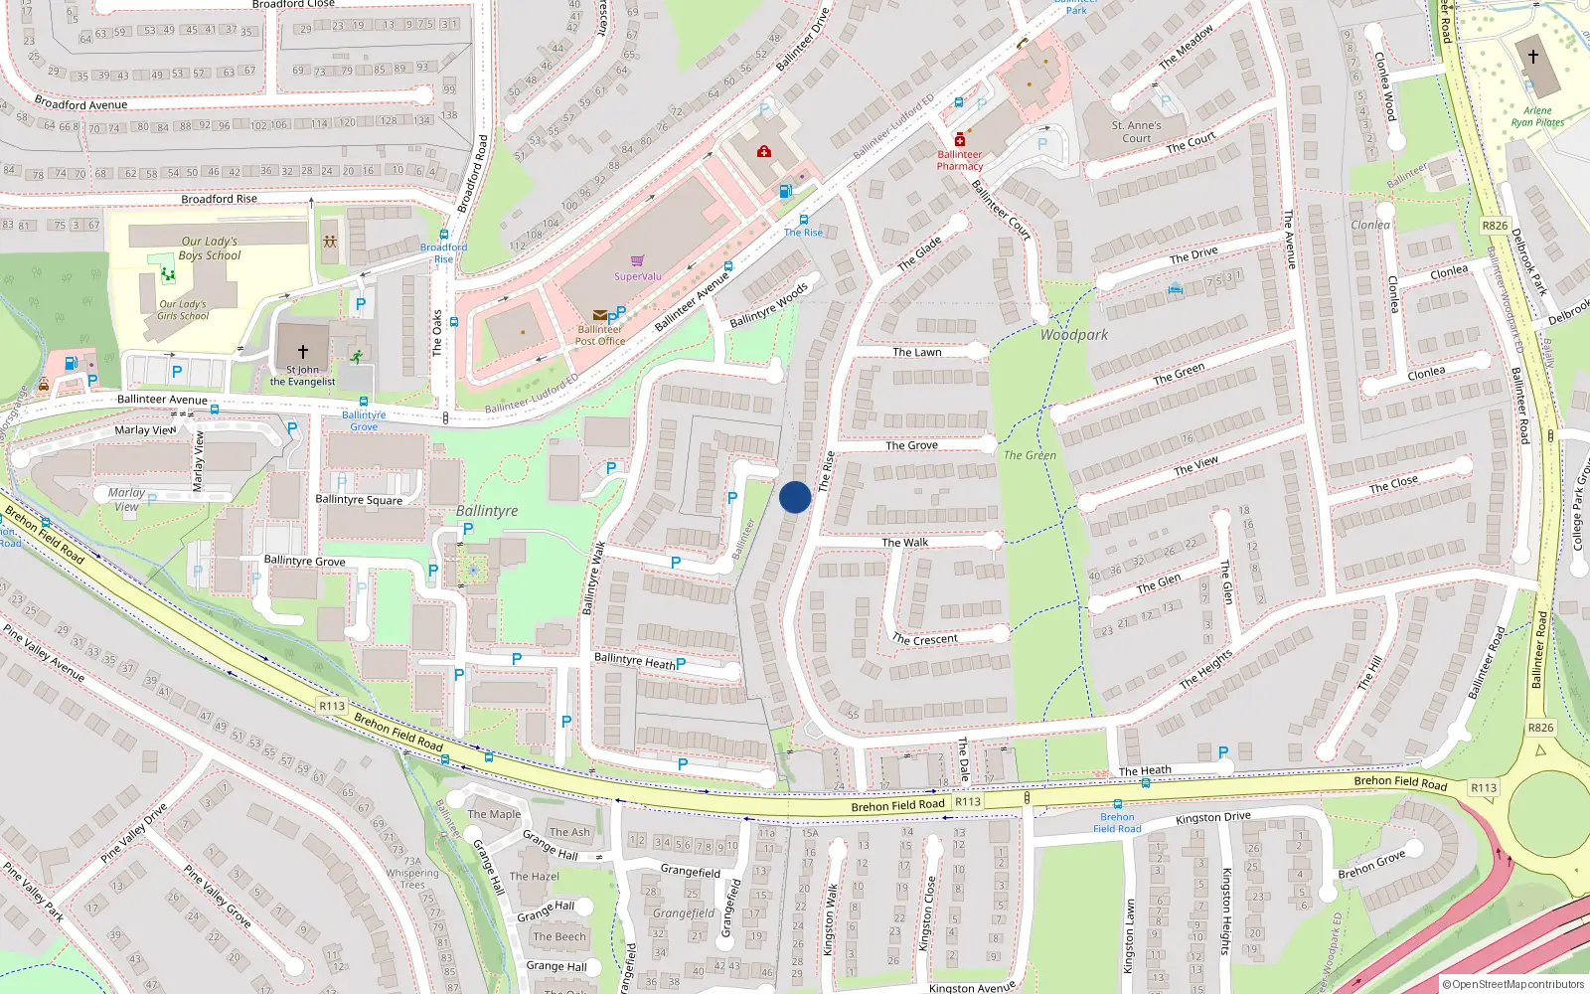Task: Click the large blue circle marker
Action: (x=795, y=497)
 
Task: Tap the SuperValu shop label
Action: (x=637, y=276)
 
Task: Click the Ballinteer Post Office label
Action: (x=600, y=335)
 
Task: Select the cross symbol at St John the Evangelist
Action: (x=303, y=351)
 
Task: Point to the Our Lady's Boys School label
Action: (x=210, y=248)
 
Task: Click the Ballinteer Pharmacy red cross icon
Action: (x=959, y=140)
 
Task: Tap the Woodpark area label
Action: (x=1073, y=335)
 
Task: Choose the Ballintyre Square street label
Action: (x=359, y=500)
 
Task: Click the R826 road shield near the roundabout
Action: (x=1540, y=728)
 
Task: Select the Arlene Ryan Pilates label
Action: (x=1537, y=116)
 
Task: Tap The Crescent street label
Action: (x=924, y=639)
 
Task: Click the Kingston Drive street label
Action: (x=1212, y=818)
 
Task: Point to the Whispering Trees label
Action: (x=412, y=879)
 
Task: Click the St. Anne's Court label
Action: (x=1136, y=132)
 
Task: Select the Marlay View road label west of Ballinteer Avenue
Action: (x=145, y=430)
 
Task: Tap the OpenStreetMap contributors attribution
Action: (x=1512, y=984)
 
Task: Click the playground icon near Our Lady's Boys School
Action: (x=329, y=242)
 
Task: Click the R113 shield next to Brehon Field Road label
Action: (x=968, y=801)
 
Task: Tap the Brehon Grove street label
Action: (x=1371, y=864)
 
